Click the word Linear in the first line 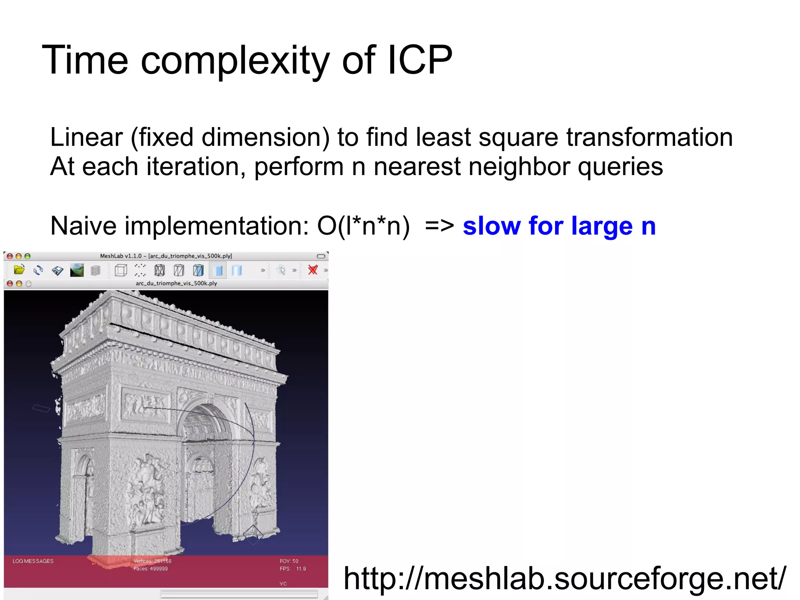[86, 137]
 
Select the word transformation [649, 137]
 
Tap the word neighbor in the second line [519, 167]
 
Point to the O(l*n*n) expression [363, 226]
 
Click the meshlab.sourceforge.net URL [564, 579]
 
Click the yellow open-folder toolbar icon [19, 270]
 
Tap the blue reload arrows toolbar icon [38, 270]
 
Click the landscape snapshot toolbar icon [77, 270]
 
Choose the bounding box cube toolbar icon [121, 270]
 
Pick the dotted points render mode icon [140, 270]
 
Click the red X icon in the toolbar [313, 270]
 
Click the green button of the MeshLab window [27, 256]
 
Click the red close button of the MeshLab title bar [10, 256]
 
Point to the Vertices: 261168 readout [152, 561]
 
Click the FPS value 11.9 [301, 569]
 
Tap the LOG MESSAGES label [33, 561]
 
